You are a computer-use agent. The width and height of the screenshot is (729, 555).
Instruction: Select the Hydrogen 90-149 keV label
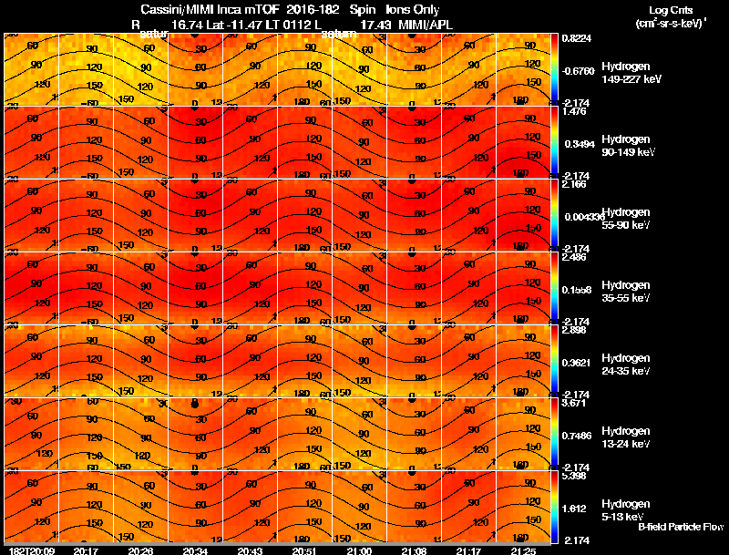624,146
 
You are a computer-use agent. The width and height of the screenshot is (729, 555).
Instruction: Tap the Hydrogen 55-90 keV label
624,218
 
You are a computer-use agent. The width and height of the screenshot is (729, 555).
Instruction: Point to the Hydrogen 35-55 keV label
624,291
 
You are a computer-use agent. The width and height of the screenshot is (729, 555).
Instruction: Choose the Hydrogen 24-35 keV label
624,364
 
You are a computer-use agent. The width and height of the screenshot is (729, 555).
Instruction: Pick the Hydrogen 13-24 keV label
624,437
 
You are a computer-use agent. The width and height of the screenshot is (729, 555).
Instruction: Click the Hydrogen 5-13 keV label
624,509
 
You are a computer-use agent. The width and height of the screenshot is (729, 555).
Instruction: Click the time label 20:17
86,550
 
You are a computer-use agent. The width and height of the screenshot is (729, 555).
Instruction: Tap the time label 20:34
195,550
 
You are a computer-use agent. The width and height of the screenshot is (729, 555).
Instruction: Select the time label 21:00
359,550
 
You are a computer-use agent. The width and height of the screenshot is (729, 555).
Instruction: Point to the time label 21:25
523,550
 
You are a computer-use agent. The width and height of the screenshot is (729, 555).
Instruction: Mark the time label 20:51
304,550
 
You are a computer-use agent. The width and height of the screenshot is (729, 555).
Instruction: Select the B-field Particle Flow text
680,527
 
